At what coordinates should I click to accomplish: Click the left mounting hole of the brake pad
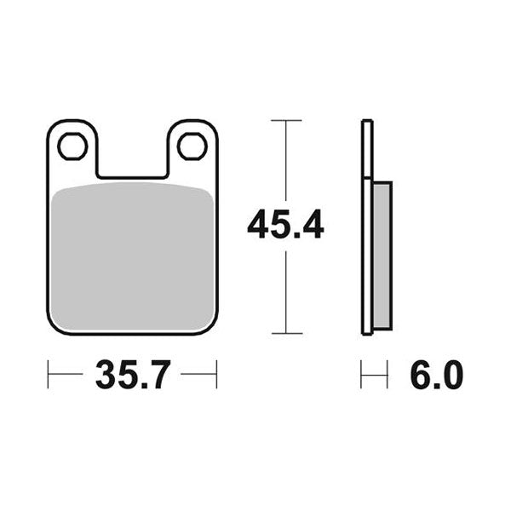tap(73, 147)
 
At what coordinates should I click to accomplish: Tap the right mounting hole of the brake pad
tap(192, 147)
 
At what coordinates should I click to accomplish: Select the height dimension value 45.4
tap(285, 227)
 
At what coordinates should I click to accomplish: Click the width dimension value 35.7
tap(131, 375)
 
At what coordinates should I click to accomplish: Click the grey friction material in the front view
tap(132, 255)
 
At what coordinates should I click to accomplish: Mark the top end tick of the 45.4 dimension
tap(285, 122)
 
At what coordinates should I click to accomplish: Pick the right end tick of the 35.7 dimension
tap(216, 375)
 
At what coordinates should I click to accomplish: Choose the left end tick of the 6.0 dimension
tap(362, 375)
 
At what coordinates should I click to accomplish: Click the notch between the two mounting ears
tap(132, 162)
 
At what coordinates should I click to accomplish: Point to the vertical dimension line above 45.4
tap(285, 162)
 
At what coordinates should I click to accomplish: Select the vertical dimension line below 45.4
tap(285, 290)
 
